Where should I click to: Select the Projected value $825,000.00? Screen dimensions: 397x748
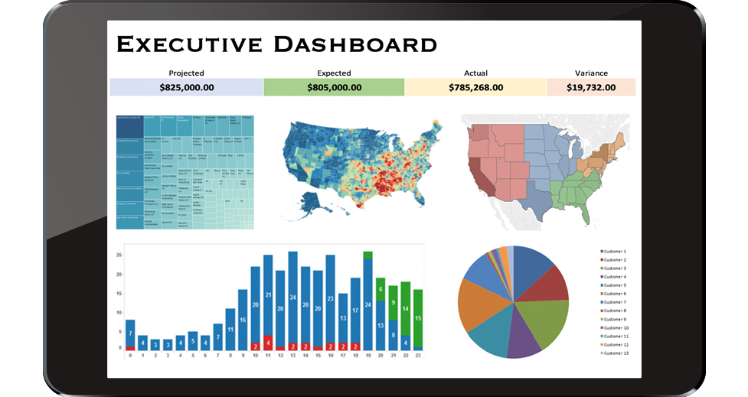[186, 87]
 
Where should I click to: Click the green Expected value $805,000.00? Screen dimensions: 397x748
[334, 87]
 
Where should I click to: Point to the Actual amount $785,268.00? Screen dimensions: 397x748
[475, 87]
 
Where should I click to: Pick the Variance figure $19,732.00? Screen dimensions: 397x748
[590, 87]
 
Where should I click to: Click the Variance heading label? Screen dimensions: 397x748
[590, 73]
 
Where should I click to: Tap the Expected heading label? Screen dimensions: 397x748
[334, 73]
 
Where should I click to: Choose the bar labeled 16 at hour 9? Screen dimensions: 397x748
[243, 319]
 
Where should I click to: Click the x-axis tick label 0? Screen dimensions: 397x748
[130, 356]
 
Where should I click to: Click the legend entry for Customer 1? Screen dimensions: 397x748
[614, 252]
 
